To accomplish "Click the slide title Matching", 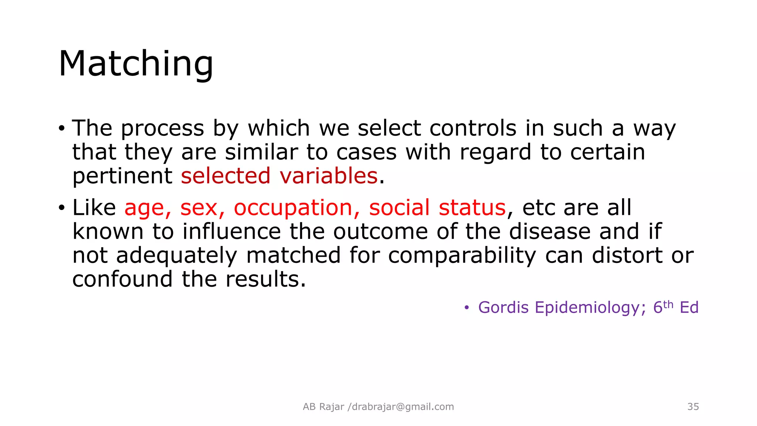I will click(x=136, y=64).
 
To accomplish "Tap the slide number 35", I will click(x=693, y=407).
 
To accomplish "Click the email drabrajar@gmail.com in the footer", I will click(x=403, y=407).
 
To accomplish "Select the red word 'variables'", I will click(x=329, y=176).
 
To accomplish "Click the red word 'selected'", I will click(x=225, y=176).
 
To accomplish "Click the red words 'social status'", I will click(x=437, y=207).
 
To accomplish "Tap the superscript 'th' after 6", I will click(x=668, y=304).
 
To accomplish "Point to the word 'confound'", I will click(x=122, y=279).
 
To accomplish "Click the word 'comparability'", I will click(x=462, y=256).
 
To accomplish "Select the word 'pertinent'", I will click(x=122, y=176).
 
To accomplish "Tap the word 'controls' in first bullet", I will click(x=473, y=128).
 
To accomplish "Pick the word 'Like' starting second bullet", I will click(x=94, y=207).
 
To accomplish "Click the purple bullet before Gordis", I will click(x=466, y=308).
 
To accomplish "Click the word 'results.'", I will click(x=266, y=279).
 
